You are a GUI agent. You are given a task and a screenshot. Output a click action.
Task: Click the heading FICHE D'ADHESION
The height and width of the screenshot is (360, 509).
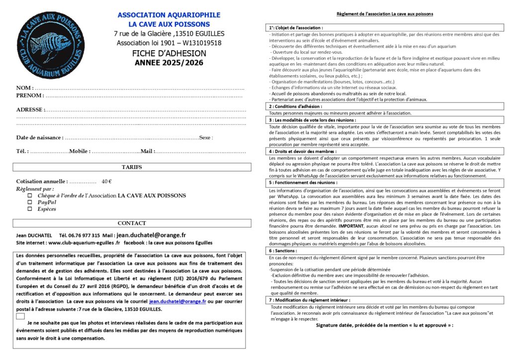point(169,53)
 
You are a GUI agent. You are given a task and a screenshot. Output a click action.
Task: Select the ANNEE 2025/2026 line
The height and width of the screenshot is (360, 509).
point(169,63)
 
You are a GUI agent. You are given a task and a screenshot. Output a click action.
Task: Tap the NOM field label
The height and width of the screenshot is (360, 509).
point(25,88)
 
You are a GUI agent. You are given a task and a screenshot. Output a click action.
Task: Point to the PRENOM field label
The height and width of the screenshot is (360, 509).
point(29,95)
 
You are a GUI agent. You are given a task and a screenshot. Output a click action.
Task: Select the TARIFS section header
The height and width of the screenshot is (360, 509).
point(131,167)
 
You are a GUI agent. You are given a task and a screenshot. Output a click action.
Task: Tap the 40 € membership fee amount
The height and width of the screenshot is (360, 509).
point(106,181)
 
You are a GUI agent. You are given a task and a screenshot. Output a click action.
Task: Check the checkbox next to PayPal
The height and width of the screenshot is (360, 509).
point(29,202)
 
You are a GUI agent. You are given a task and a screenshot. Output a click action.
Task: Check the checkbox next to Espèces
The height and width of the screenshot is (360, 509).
point(29,209)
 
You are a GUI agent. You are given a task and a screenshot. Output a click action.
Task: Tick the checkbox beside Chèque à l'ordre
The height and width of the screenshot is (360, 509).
point(29,196)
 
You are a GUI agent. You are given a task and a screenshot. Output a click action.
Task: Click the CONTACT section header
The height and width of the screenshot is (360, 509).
point(131,223)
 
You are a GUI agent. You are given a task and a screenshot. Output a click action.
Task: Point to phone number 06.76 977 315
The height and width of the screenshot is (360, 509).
point(80,235)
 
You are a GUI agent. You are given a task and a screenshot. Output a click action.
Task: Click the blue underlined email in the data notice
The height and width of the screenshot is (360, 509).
point(177,301)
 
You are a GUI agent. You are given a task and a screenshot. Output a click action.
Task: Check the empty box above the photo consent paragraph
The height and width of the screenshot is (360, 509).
point(20,316)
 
